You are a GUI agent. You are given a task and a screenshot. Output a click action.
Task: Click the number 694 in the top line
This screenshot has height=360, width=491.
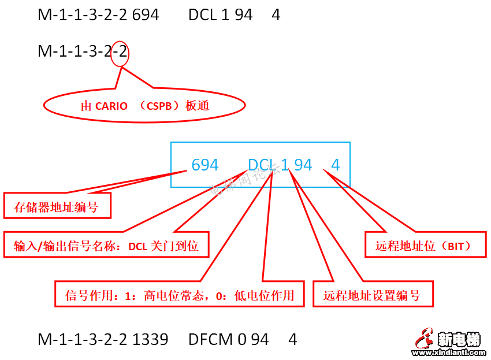(146, 15)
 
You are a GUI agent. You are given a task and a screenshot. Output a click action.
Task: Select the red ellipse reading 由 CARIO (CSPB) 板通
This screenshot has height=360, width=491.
(144, 105)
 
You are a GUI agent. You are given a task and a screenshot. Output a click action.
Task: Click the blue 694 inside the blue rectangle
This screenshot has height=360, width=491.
(205, 165)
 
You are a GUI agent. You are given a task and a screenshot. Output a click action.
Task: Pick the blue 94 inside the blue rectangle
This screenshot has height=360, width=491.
(303, 165)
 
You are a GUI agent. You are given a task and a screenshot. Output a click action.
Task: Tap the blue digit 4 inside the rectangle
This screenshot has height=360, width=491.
(335, 165)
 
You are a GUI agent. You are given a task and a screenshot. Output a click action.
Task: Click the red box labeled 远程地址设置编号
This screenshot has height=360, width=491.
(372, 295)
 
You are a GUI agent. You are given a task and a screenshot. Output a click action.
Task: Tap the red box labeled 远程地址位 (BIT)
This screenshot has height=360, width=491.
(423, 246)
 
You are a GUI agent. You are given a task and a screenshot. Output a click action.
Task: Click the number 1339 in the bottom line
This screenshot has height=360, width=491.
(150, 339)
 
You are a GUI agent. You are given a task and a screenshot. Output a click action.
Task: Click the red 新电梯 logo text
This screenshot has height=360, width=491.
(459, 339)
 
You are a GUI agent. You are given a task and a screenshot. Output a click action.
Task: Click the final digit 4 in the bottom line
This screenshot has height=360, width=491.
(292, 339)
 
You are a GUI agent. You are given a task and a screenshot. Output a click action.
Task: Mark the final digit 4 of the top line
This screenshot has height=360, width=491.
(276, 15)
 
